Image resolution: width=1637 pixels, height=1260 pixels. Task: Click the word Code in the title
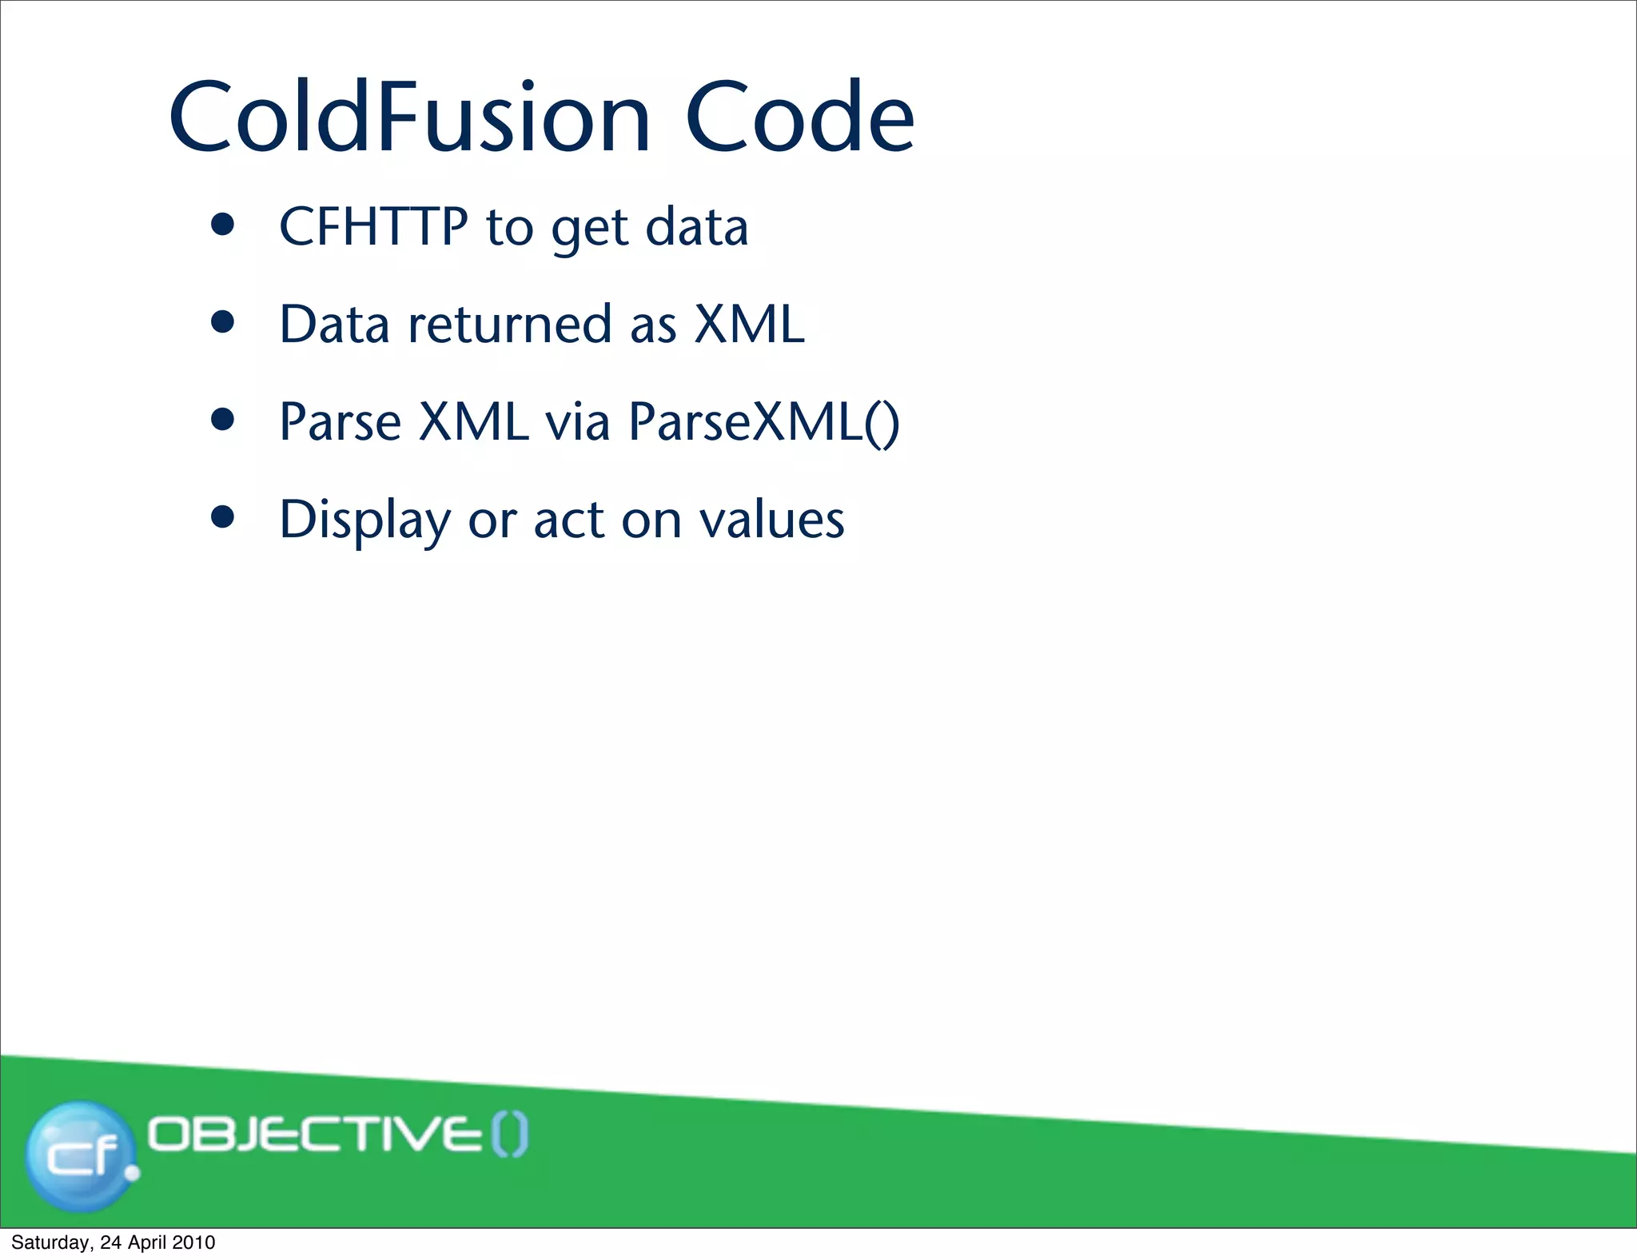point(799,118)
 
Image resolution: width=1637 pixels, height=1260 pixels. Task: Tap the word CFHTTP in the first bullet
point(373,226)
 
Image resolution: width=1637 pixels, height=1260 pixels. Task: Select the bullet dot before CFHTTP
point(222,225)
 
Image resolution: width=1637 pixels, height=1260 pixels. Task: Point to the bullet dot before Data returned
point(222,322)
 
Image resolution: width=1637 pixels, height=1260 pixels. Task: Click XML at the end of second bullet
point(749,325)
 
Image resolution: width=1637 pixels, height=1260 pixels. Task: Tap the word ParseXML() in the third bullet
point(763,422)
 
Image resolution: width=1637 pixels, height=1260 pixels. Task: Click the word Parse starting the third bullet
point(340,422)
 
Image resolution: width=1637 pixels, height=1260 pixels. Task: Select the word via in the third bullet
point(577,422)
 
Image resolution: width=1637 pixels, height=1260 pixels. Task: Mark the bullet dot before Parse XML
point(222,420)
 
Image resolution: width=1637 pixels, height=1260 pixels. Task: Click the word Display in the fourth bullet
point(364,520)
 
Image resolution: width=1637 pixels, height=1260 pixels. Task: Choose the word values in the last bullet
point(771,520)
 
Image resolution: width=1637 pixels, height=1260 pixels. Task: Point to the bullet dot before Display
point(222,517)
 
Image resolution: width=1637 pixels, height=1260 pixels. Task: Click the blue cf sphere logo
point(80,1154)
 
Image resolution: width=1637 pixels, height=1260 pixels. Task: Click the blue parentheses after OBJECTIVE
point(509,1135)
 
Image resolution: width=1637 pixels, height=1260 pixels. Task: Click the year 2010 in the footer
point(193,1242)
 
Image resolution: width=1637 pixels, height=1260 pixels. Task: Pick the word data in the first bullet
point(696,226)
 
